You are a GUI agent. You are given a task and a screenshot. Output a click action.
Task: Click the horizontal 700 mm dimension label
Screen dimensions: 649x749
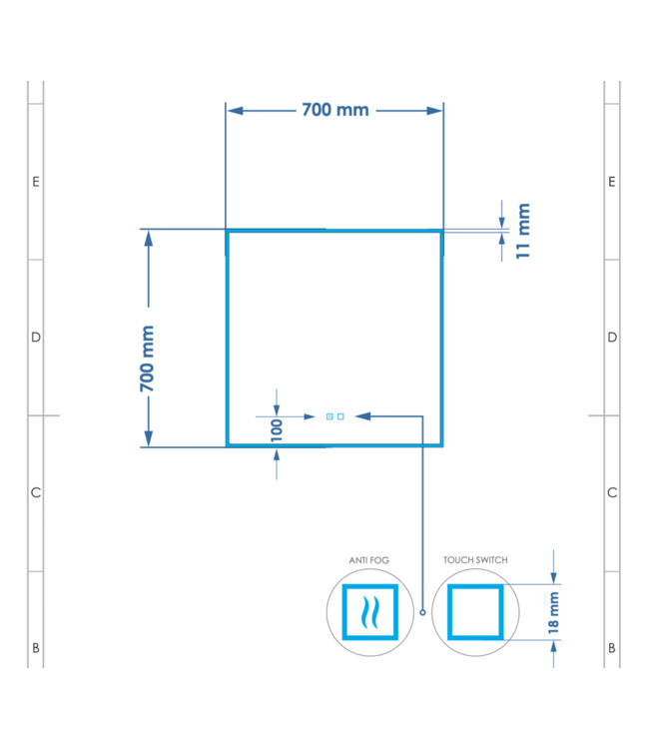pos(335,110)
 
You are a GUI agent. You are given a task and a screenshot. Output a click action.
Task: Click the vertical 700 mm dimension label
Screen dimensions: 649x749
pos(147,359)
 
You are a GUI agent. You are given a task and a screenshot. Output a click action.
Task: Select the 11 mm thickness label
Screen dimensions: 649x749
pos(523,232)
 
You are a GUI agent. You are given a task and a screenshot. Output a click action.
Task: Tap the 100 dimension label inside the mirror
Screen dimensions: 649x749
pos(277,430)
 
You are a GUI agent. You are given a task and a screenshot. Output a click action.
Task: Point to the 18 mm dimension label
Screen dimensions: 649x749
pos(553,613)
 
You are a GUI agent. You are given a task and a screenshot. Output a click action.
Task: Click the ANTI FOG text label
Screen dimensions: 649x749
pos(369,560)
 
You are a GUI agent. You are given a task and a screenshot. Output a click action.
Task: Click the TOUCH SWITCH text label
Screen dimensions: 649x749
pos(475,560)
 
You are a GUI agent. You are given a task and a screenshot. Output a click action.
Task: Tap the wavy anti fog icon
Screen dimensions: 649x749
pos(370,612)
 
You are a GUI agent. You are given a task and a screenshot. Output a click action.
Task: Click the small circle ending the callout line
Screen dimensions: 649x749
pos(422,612)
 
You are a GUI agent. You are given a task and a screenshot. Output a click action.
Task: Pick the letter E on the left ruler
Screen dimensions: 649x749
pos(36,182)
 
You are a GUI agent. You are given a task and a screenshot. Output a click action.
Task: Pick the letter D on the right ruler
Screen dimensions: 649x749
pos(612,338)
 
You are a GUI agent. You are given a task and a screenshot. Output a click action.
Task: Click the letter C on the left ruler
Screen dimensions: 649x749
pos(36,492)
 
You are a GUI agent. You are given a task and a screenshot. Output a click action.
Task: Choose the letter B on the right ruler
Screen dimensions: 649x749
pos(612,648)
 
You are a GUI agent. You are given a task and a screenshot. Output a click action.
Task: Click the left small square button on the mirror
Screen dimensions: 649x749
pos(329,416)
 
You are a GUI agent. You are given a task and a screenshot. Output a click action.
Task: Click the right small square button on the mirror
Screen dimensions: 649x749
pos(340,416)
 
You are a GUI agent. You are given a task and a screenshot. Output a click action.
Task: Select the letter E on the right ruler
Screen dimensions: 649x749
pos(612,182)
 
